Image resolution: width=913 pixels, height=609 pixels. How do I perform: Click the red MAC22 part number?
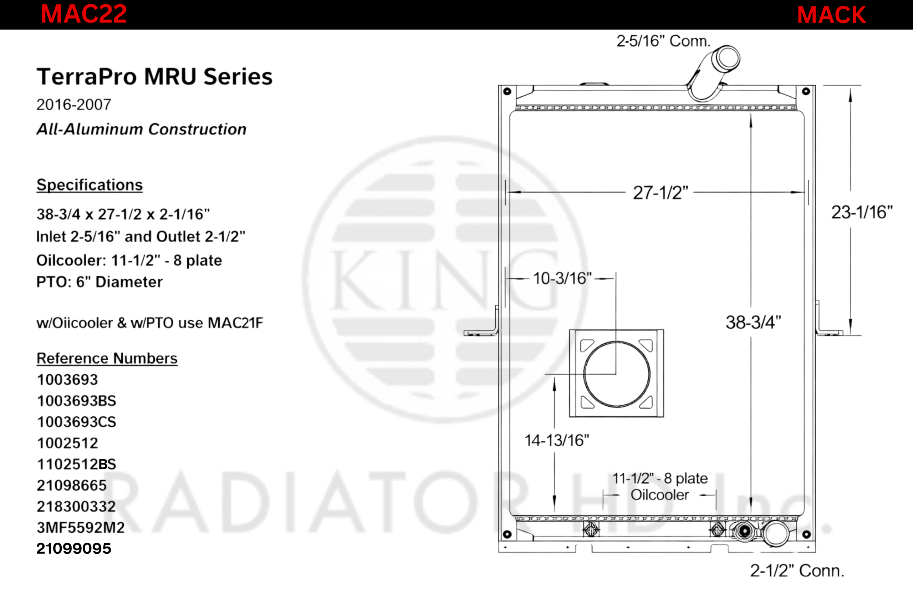point(84,14)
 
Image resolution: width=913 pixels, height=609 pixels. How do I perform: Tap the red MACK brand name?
point(831,15)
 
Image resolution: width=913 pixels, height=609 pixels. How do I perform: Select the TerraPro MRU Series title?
point(154,76)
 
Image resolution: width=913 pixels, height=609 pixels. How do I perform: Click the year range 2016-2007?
point(74,105)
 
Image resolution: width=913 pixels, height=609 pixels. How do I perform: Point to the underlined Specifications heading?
point(90,185)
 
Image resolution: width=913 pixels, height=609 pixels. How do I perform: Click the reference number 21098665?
point(71,485)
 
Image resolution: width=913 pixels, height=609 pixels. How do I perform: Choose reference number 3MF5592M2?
point(81,527)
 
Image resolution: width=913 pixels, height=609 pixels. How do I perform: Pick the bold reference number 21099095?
point(74,548)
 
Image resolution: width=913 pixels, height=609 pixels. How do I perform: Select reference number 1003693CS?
point(76,422)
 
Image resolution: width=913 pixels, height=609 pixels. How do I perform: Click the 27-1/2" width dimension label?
point(661,193)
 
